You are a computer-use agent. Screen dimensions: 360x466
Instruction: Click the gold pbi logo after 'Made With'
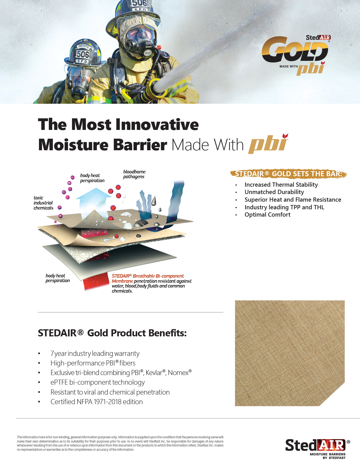(268, 143)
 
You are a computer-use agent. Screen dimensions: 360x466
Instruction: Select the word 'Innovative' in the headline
(158, 124)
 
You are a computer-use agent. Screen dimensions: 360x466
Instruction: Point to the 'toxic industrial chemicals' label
(43, 203)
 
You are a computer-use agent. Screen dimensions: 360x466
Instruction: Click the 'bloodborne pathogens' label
(134, 174)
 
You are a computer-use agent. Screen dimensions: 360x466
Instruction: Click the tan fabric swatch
(290, 353)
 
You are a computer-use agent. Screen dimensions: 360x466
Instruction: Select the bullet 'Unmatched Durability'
(274, 192)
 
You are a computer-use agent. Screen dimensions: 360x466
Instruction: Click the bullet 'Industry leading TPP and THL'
(284, 207)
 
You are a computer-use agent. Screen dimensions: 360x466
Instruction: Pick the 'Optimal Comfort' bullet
(267, 215)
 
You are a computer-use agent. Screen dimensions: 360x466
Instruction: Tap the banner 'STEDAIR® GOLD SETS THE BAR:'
(288, 174)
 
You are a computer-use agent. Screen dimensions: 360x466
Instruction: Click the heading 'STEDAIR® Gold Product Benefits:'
(112, 333)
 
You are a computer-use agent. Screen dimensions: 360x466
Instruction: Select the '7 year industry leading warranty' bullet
(95, 354)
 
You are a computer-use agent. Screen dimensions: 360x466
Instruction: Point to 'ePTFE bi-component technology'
(98, 382)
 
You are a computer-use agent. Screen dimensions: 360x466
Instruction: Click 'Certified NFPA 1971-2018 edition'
(97, 402)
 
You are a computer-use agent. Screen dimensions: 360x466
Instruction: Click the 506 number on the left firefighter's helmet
(83, 54)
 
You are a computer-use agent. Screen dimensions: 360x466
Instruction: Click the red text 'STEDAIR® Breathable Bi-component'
(148, 276)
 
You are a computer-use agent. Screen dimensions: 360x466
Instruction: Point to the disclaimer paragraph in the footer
(120, 443)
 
